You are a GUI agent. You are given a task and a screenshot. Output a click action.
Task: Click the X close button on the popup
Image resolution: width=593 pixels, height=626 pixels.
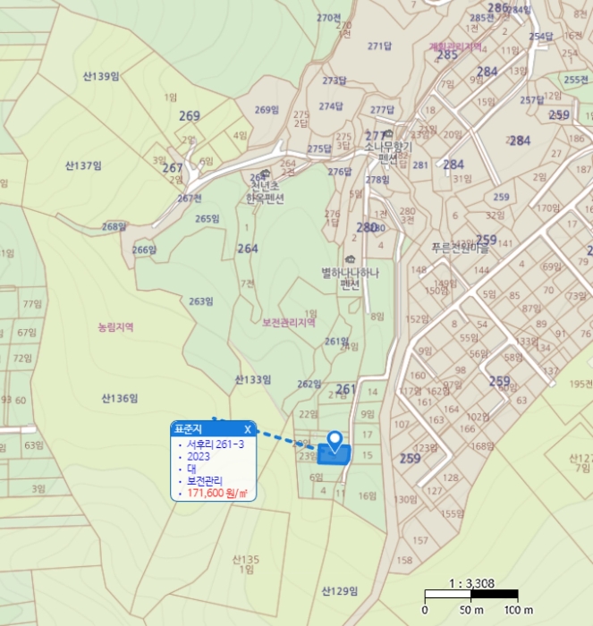[248, 428]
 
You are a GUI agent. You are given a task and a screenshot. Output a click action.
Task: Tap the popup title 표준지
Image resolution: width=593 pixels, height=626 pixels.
[189, 428]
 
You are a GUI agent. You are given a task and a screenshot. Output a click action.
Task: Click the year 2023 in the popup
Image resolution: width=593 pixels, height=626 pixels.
[199, 456]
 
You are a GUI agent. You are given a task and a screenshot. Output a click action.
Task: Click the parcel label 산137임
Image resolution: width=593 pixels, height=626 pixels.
[84, 165]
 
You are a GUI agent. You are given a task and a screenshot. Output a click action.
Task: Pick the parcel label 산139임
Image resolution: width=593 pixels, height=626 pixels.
[101, 77]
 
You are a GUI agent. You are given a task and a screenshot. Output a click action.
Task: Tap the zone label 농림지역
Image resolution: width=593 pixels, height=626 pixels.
[115, 327]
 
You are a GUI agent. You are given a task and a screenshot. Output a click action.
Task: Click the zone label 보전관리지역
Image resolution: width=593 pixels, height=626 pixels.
[289, 323]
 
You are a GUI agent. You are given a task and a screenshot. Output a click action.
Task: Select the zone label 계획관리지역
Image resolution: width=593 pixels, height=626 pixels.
[455, 47]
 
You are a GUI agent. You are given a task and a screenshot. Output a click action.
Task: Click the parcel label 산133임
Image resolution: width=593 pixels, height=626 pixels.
[253, 379]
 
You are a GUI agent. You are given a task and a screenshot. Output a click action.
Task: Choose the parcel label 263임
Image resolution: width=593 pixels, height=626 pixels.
[201, 301]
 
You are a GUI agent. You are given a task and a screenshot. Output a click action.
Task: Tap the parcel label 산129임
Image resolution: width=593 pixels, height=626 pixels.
[339, 591]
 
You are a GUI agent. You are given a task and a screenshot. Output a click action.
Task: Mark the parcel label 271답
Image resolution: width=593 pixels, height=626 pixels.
[380, 46]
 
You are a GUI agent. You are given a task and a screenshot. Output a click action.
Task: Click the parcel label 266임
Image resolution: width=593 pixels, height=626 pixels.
[144, 250]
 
